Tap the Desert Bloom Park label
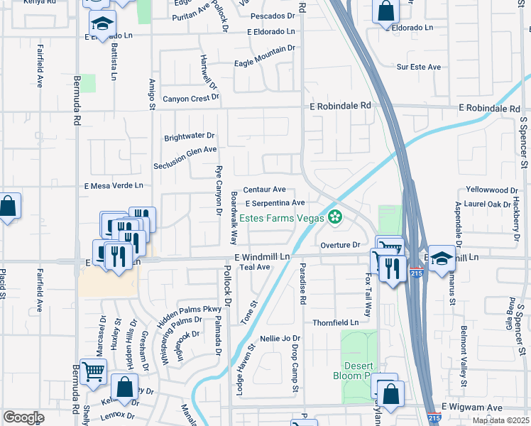[x=353, y=370]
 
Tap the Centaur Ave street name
[x=264, y=190]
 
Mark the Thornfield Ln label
[x=339, y=322]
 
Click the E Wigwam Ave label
[x=471, y=407]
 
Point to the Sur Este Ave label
[x=419, y=67]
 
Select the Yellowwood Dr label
[x=491, y=190]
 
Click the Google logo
[x=23, y=417]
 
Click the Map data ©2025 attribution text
[x=500, y=420]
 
